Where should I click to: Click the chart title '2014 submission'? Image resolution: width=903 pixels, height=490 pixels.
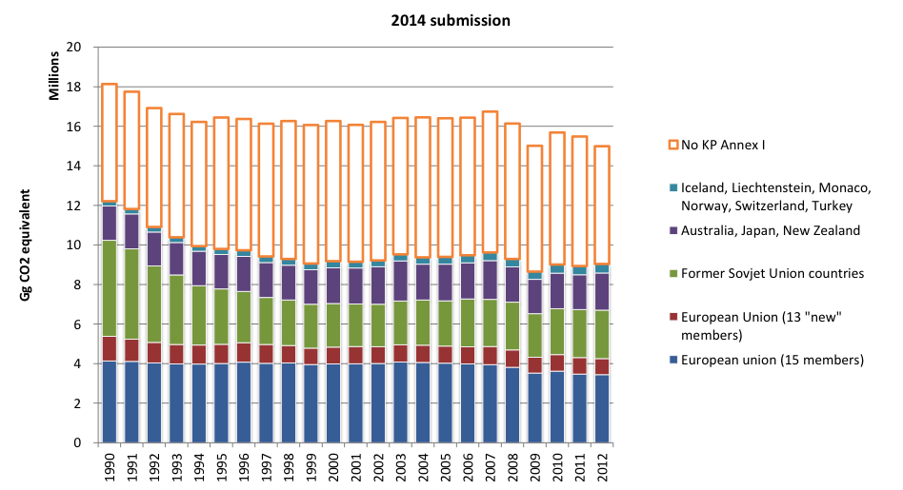coord(451,21)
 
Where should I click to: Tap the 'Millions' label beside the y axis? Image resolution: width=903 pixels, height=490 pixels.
coord(54,76)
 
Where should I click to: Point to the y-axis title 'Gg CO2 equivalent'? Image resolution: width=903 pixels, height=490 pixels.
coord(26,245)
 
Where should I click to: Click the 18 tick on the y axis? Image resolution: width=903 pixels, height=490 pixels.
coord(73,87)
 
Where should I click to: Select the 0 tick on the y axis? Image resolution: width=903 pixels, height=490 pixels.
coord(77,442)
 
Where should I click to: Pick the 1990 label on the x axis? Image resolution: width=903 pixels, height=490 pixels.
coord(110,467)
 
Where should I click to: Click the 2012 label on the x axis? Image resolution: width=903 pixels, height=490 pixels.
coord(602,467)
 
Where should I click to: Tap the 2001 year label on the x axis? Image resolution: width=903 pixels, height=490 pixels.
coord(356,467)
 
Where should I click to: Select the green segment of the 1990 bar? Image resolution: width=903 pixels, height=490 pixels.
coord(110,288)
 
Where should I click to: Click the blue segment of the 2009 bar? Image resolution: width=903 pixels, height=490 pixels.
coord(535,408)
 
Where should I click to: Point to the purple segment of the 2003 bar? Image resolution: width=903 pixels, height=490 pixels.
coord(401,282)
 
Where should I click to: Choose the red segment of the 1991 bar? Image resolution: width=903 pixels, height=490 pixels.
coord(131,350)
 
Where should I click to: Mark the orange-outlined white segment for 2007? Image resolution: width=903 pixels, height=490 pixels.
coord(491,111)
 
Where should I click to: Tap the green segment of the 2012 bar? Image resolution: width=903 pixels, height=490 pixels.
coord(602,335)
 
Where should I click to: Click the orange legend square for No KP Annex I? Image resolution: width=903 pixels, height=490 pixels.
coord(673,145)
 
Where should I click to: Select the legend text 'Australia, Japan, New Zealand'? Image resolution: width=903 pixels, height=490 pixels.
coord(771,230)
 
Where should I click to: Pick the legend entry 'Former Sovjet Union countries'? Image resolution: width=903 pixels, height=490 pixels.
coord(773,273)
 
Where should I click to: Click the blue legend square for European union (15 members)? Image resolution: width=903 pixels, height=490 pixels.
coord(673,360)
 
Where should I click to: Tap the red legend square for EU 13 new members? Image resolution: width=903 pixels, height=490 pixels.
coord(673,317)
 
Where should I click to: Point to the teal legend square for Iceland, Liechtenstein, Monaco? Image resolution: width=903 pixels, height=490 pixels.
coord(673,187)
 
